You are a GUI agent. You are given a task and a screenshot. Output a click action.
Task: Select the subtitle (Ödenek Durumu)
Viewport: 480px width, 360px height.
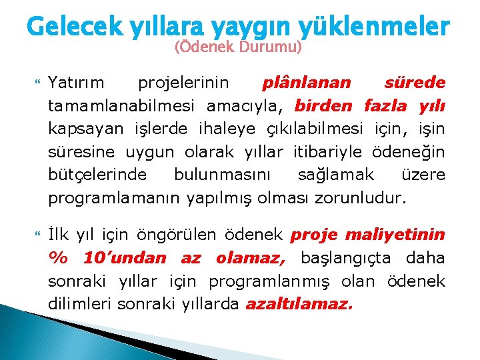[x=238, y=48]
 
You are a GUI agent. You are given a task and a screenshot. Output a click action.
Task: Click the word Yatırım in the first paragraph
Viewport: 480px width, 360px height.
[x=76, y=83]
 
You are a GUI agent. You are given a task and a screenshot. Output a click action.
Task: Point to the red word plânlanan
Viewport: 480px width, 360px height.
[x=306, y=83]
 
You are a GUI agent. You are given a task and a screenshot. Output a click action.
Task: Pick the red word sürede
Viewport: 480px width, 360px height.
[x=415, y=83]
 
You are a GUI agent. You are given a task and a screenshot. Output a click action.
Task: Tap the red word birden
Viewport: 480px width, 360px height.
[x=325, y=105]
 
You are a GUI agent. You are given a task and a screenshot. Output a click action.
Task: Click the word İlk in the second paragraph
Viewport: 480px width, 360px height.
[x=59, y=234]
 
